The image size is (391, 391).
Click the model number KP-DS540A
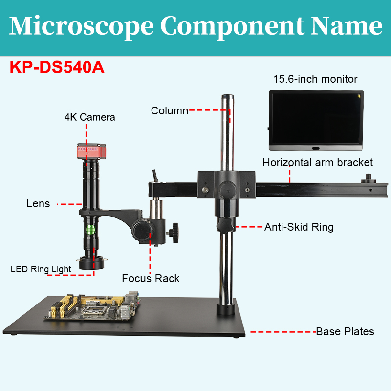(57, 67)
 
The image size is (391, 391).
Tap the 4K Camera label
(90, 117)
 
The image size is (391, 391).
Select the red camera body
(91, 151)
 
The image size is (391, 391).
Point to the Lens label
(38, 204)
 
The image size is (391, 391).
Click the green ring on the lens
(90, 230)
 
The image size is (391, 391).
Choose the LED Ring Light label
(41, 269)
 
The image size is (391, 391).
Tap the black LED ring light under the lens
(91, 263)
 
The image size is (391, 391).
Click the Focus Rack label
(151, 278)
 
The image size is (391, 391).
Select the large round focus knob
(142, 229)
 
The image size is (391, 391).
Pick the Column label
(170, 111)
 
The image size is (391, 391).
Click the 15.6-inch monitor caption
(315, 79)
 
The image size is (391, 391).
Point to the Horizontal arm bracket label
(318, 163)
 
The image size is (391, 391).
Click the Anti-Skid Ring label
(299, 227)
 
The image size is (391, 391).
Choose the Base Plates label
(345, 332)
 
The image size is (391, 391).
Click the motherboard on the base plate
(93, 306)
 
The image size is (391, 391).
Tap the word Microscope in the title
(81, 26)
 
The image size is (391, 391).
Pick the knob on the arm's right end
(369, 178)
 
